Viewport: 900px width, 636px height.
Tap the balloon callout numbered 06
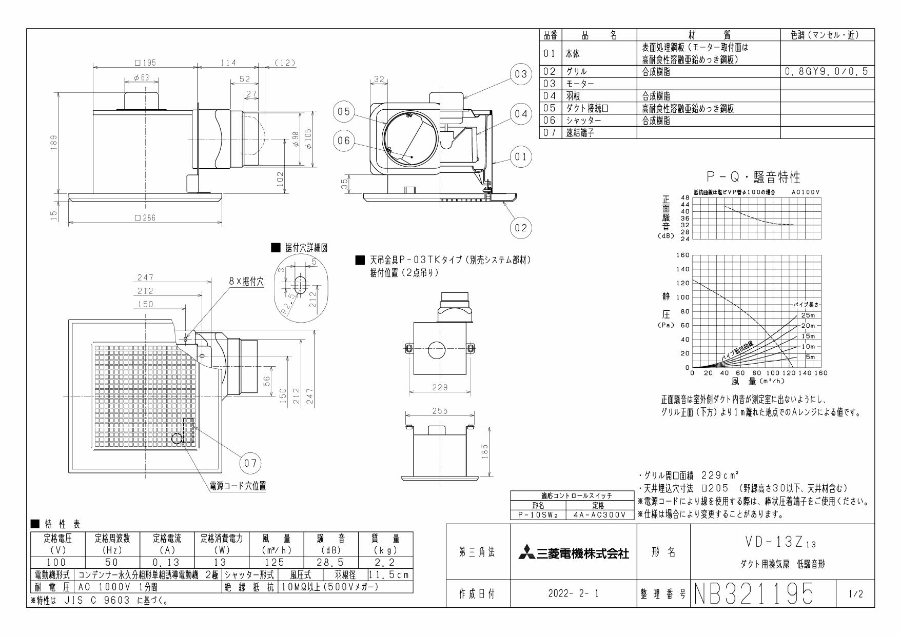(x=343, y=141)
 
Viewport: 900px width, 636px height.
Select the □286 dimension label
(x=145, y=217)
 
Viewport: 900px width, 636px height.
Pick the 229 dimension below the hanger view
(x=440, y=387)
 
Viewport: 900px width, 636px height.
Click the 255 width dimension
(x=440, y=411)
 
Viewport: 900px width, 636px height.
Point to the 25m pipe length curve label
(x=808, y=315)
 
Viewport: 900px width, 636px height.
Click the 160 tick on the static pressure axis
(x=683, y=255)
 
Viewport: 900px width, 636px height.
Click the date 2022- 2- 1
(x=573, y=594)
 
